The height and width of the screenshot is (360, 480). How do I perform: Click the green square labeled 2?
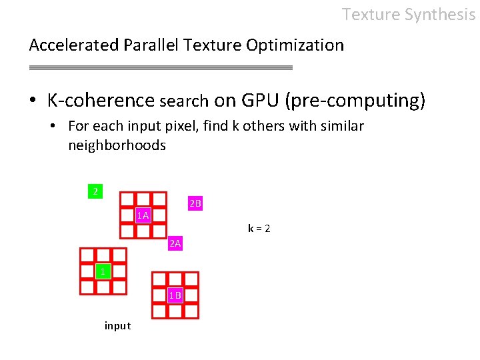click(95, 191)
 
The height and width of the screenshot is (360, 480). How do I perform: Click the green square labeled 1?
click(103, 271)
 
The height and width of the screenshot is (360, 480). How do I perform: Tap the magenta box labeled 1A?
click(143, 215)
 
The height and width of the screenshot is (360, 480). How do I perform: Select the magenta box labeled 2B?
click(195, 203)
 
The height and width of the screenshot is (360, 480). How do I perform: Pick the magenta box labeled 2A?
click(175, 244)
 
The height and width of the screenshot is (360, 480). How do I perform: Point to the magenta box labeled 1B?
click(175, 295)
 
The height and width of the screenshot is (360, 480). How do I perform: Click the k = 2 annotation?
click(259, 229)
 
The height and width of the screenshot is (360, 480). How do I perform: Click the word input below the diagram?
click(117, 326)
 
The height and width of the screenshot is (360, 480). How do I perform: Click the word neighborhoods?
click(117, 145)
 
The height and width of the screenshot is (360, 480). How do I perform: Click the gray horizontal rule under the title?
click(161, 67)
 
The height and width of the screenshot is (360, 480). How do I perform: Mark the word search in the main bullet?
click(184, 101)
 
